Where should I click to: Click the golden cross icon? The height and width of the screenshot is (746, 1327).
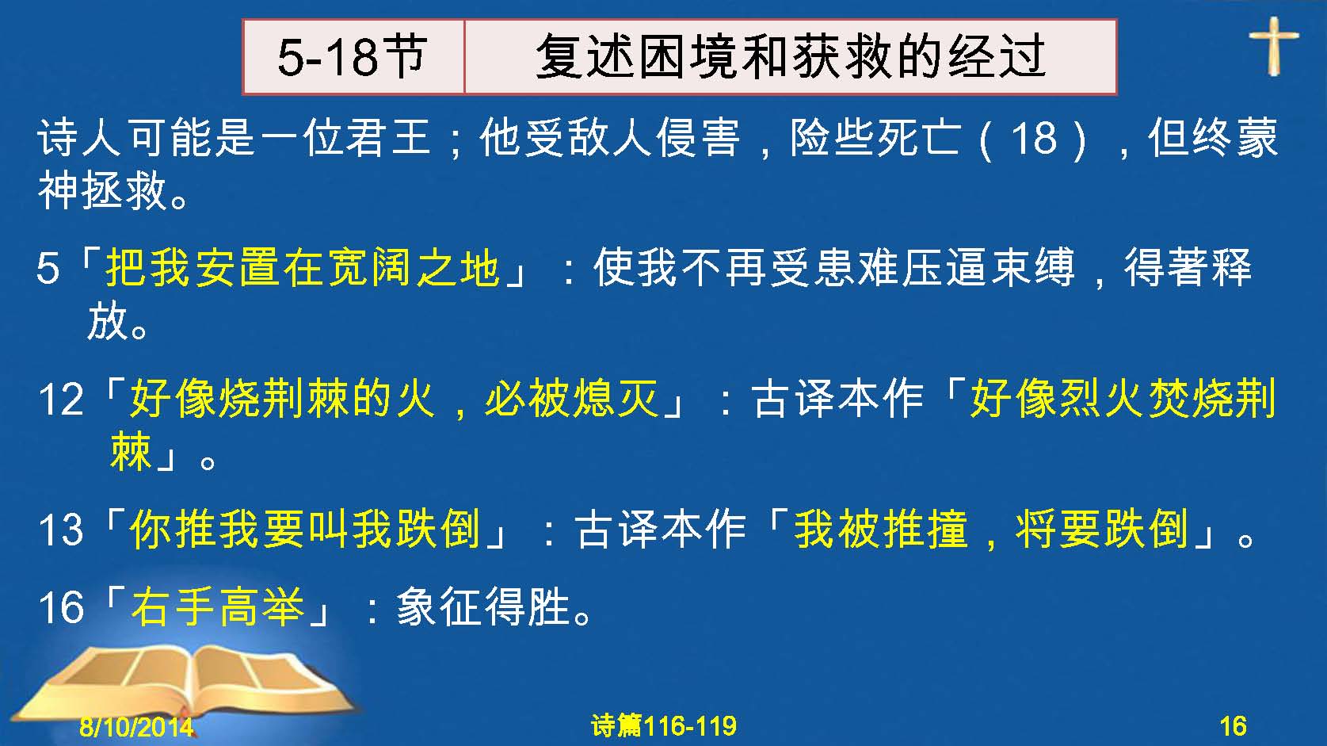(x=1274, y=45)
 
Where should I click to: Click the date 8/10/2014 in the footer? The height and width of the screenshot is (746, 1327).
(x=136, y=726)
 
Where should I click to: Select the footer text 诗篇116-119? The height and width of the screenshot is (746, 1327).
(x=664, y=725)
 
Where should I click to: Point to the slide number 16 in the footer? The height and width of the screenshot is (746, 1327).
(x=1233, y=726)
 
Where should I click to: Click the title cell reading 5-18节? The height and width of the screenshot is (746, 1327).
(x=353, y=57)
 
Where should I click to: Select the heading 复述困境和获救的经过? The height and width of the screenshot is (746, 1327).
(x=791, y=57)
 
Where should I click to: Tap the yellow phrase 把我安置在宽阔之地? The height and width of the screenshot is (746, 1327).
(x=303, y=267)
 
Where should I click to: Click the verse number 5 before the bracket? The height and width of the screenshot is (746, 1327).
(x=48, y=269)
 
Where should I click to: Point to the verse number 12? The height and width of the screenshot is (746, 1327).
(x=61, y=399)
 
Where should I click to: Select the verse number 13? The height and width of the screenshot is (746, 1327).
(x=61, y=530)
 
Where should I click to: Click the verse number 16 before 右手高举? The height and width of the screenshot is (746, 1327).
(x=61, y=608)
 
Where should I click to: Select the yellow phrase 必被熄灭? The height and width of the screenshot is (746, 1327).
(x=572, y=398)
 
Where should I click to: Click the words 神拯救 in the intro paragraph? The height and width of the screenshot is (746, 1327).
(x=102, y=190)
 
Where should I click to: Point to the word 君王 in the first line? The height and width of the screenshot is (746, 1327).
(x=387, y=137)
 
